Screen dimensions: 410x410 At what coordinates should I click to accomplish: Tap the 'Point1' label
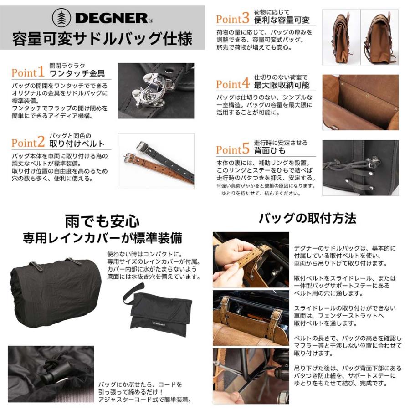[28, 72]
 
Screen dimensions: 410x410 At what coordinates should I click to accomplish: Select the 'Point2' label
[28, 143]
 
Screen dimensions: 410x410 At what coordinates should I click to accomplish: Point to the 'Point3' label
[232, 19]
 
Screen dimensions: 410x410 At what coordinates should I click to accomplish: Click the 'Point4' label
[232, 84]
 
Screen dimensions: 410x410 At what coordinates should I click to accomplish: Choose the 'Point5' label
[232, 150]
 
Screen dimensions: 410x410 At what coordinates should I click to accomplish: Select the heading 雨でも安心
[102, 222]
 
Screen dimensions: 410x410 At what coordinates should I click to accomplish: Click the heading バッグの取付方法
[307, 218]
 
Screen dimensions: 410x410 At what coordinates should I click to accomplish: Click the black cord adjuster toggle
[55, 369]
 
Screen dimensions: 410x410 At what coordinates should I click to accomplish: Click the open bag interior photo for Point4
[360, 102]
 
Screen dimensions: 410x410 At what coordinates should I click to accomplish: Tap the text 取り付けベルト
[77, 144]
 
